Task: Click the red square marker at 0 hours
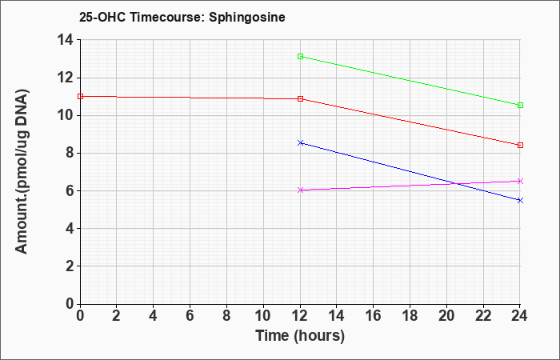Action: [80, 97]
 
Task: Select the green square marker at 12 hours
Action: [300, 57]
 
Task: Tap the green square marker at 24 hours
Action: [520, 106]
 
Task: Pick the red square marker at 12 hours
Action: [300, 99]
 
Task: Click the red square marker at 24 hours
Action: [520, 146]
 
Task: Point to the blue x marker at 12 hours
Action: [300, 143]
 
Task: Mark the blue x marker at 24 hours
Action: [520, 200]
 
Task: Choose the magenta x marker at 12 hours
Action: [300, 190]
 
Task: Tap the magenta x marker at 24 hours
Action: [520, 181]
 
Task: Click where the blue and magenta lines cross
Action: [456, 184]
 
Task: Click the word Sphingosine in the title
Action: [247, 18]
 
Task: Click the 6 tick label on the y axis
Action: [70, 190]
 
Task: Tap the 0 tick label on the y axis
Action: [70, 303]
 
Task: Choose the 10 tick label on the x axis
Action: [263, 316]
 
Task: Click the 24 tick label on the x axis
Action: [520, 316]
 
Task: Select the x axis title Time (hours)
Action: [300, 336]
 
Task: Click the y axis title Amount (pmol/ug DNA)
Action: [22, 171]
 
